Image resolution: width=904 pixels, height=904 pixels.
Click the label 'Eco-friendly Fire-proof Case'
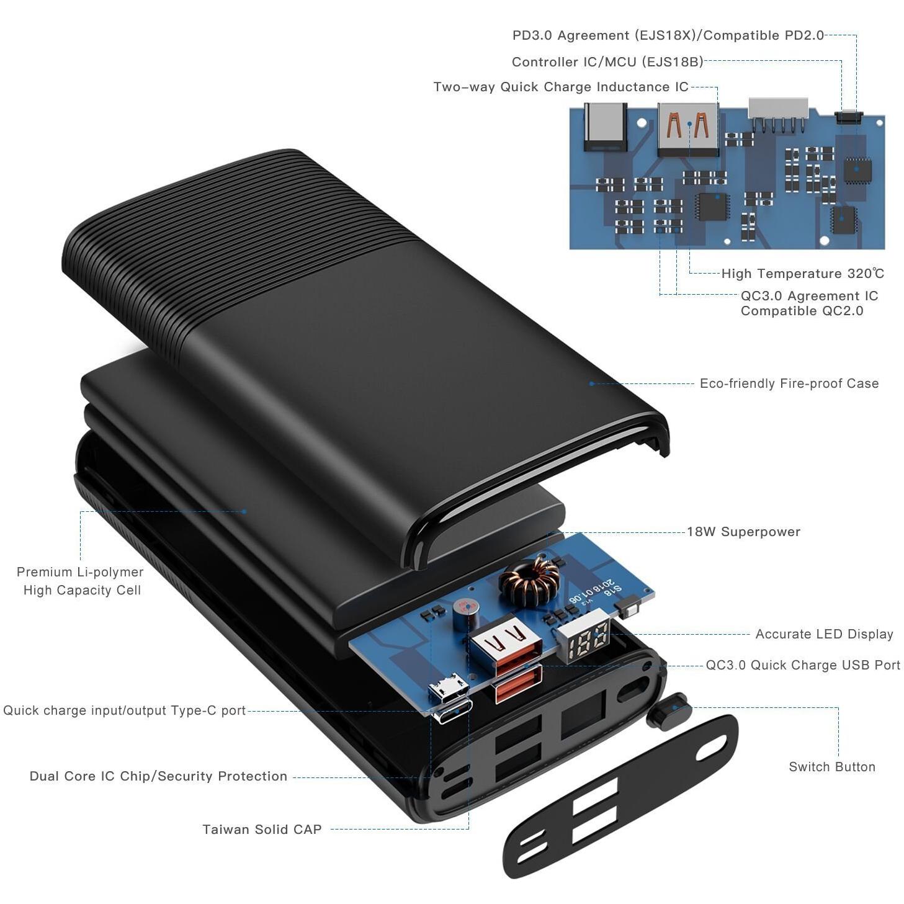tap(789, 383)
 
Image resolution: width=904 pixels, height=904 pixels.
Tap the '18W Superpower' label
tap(743, 532)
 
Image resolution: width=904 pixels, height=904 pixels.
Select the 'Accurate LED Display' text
tap(824, 633)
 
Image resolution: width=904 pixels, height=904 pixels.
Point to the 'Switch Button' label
tap(832, 766)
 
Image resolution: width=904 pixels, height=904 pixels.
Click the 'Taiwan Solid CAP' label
tap(262, 829)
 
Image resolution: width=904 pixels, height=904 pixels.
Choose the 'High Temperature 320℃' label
tap(802, 274)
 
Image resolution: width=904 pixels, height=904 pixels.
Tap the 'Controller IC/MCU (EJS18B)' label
tap(607, 62)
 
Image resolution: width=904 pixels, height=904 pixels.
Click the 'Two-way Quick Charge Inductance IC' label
tap(561, 87)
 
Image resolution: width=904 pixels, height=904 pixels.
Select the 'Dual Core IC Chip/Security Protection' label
tap(158, 776)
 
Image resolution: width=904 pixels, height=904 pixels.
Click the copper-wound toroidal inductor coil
tap(529, 576)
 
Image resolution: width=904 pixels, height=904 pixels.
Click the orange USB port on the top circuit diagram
tap(688, 129)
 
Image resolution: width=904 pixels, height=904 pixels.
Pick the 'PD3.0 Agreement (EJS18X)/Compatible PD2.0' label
tap(668, 35)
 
